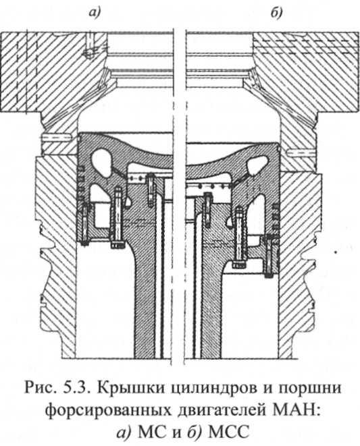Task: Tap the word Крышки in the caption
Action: pos(130,389)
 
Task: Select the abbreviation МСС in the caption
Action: pos(228,433)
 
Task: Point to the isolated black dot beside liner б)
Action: pos(336,252)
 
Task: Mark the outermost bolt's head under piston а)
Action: pos(84,243)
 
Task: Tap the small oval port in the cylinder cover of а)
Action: pos(89,52)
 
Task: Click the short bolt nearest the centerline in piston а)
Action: pos(151,191)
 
